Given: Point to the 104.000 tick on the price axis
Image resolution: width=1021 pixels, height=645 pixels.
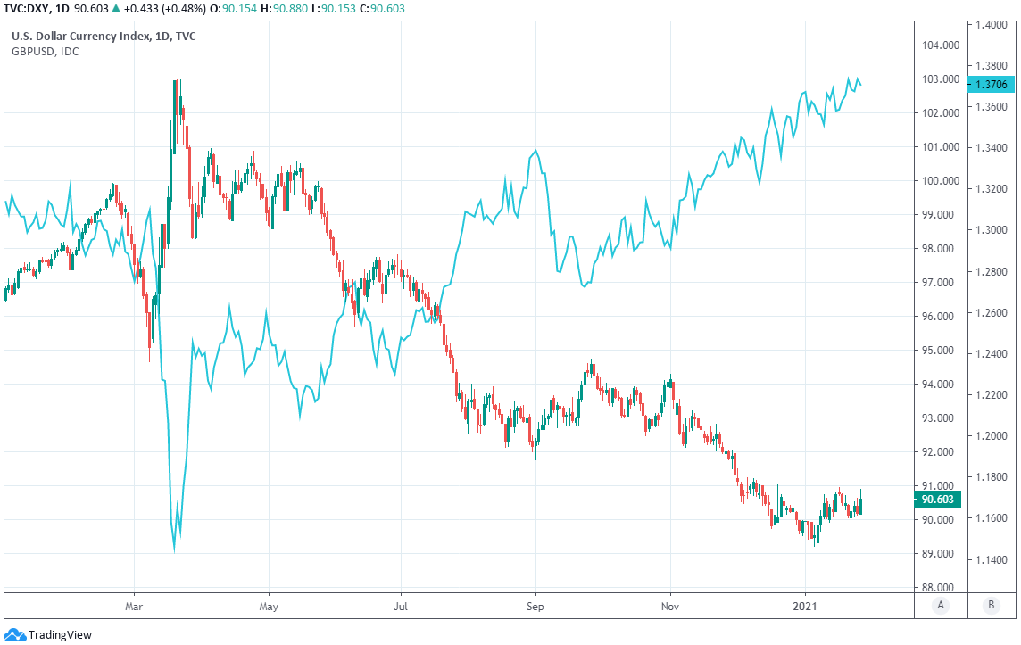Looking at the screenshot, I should [x=942, y=45].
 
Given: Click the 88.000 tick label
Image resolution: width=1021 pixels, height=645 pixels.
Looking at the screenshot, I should [x=942, y=587].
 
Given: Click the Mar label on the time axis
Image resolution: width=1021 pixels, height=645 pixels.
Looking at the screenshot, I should [x=134, y=605].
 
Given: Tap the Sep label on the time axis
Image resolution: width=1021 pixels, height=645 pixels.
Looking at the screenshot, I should [x=535, y=605].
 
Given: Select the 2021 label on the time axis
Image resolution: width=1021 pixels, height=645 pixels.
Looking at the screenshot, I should [x=805, y=605].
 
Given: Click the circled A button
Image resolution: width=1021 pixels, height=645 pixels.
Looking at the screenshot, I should [x=940, y=606].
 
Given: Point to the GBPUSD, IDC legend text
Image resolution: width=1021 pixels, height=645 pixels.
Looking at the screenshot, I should [x=45, y=52].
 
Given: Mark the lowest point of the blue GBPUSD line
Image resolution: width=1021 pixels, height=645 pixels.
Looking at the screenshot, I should [x=173, y=550].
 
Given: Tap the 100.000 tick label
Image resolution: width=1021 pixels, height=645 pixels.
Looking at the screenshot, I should [x=942, y=180].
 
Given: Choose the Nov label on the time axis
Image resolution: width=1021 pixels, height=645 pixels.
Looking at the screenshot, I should [x=669, y=605].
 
